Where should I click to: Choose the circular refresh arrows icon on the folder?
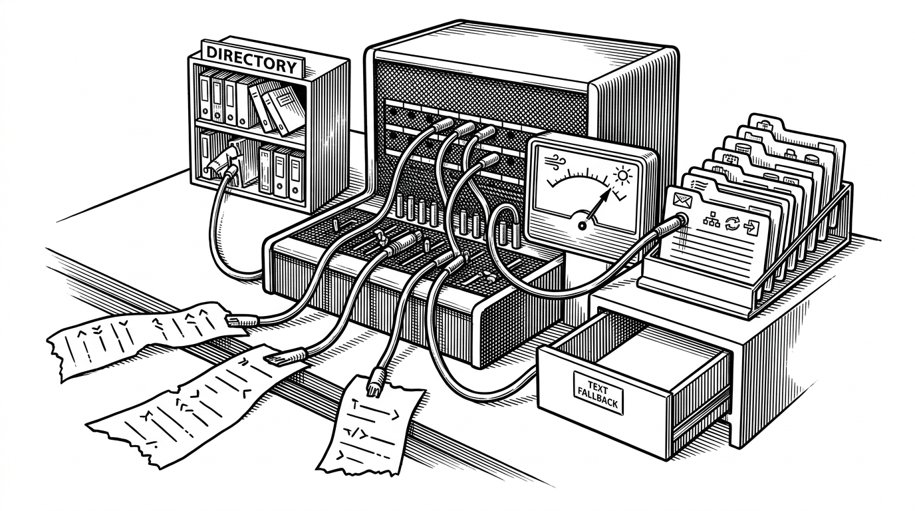coord(731,223)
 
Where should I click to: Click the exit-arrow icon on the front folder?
coord(750,226)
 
